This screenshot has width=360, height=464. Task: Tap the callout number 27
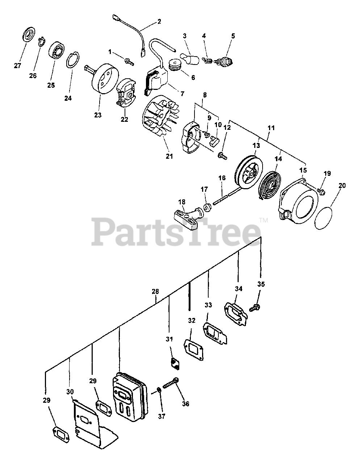17,66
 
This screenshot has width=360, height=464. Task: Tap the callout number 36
186,404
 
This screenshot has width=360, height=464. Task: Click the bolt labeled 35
255,308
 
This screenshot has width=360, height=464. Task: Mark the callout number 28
155,291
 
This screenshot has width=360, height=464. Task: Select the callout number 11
271,128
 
